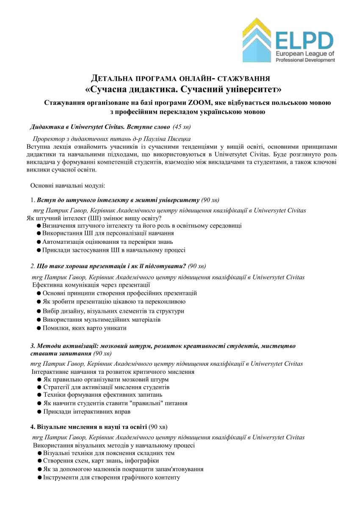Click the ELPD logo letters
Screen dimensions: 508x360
pyautogui.click(x=305, y=41)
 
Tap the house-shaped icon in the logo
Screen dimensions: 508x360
pyautogui.click(x=256, y=40)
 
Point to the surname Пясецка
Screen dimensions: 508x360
pyautogui.click(x=180, y=139)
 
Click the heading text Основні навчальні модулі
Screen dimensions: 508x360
pyautogui.click(x=65, y=185)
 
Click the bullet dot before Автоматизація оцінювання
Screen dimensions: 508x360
pyautogui.click(x=39, y=242)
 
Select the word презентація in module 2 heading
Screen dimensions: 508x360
pyautogui.click(x=111, y=266)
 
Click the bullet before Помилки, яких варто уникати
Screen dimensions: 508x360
pyautogui.click(x=39, y=328)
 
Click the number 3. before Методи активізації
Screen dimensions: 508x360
pyautogui.click(x=33, y=346)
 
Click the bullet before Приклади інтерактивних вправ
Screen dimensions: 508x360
pyautogui.click(x=39, y=411)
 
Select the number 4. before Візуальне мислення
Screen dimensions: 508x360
pyautogui.click(x=33, y=426)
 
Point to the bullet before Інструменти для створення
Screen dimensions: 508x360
pyautogui.click(x=39, y=478)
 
